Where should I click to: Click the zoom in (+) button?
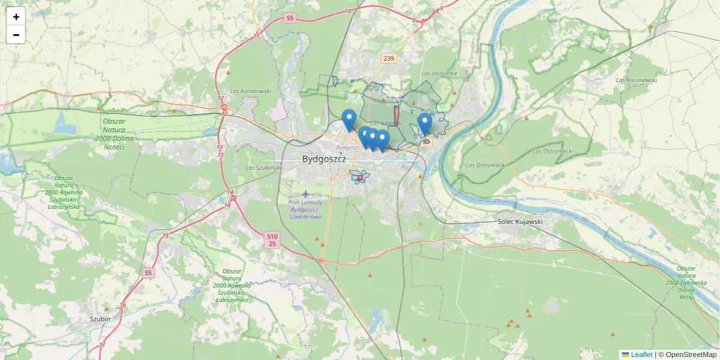point(16,17)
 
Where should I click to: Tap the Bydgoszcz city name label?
point(324,160)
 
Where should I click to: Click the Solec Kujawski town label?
point(520,221)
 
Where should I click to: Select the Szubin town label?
point(100,319)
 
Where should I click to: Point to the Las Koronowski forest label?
point(251,91)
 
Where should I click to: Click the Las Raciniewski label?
point(637,80)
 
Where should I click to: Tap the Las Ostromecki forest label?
point(487,165)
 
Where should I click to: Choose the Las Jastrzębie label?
point(439,73)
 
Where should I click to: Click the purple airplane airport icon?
point(307,194)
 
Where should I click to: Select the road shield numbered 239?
point(389,58)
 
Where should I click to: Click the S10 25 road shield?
point(272,241)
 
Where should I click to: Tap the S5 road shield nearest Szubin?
point(148,273)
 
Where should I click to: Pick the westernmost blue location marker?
point(349,120)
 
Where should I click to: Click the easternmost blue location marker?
point(425,124)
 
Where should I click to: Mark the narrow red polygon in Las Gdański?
point(396,115)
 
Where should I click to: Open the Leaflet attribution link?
point(641,355)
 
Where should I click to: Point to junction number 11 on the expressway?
point(256,36)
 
